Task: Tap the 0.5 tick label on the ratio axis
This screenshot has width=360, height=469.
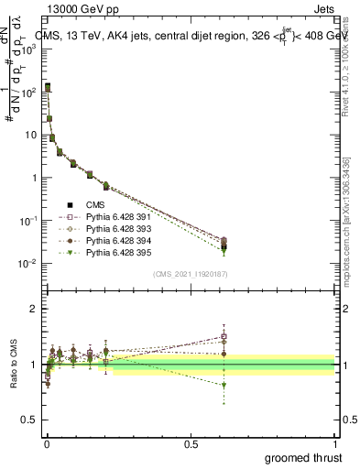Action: (28, 421)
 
